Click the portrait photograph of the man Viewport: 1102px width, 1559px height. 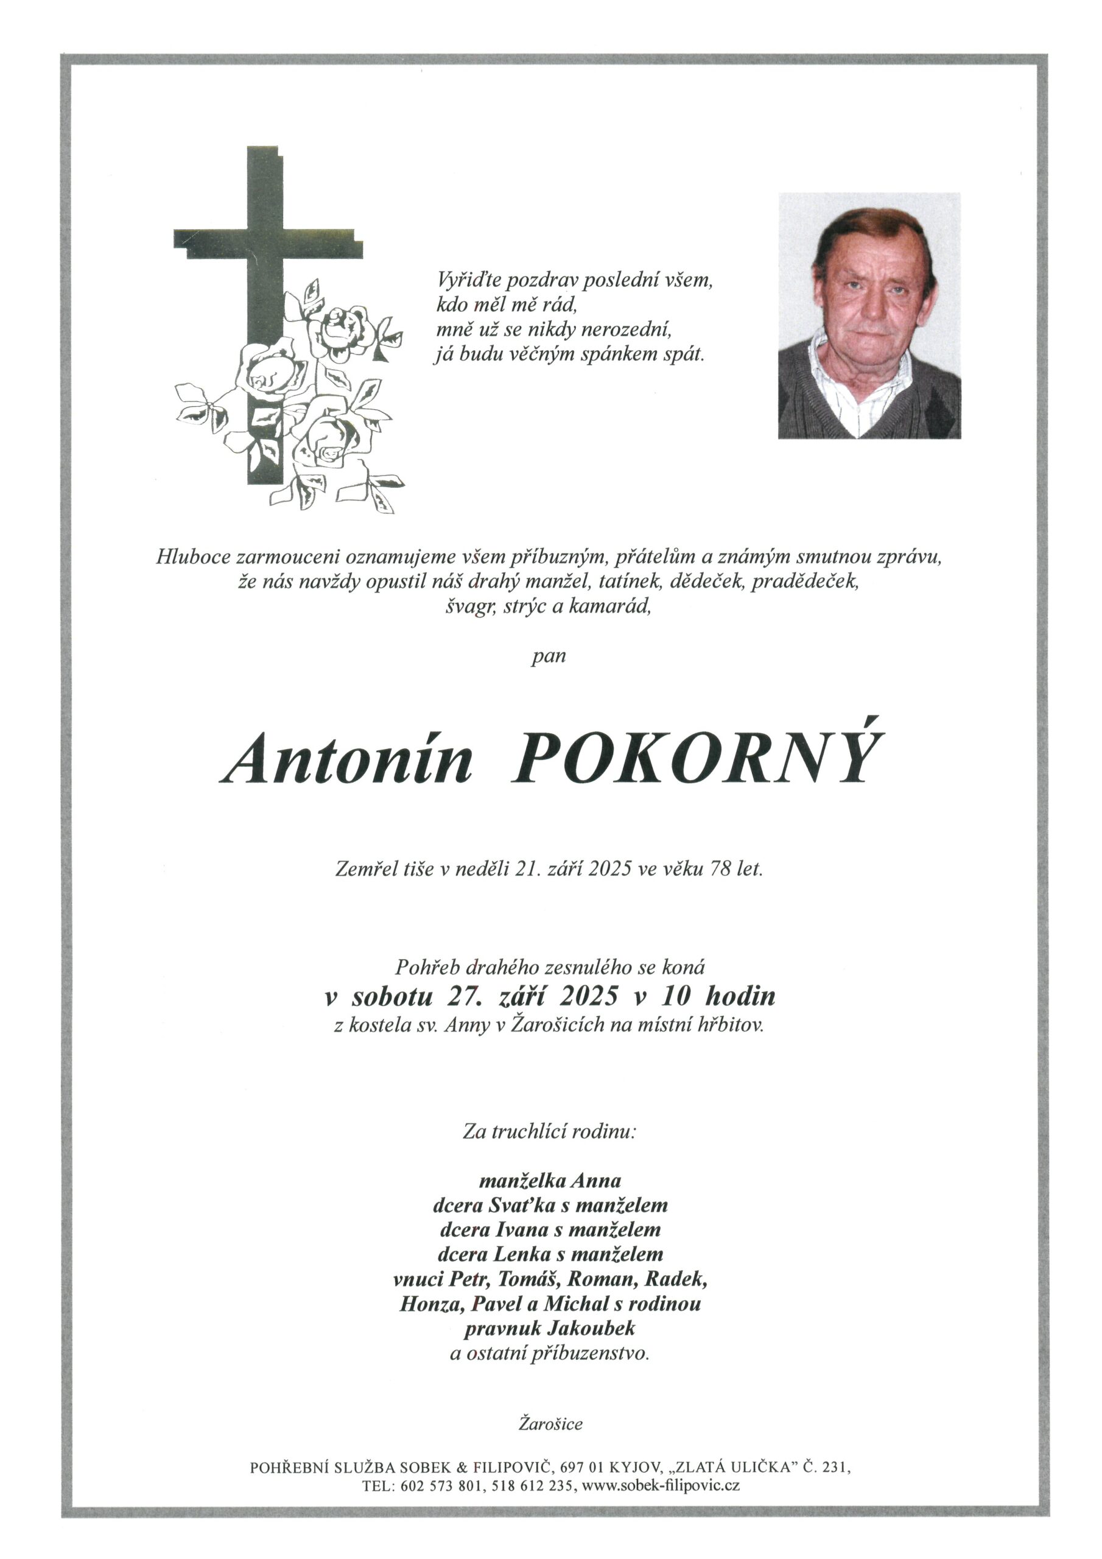(x=868, y=315)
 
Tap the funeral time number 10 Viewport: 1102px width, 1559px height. (x=676, y=996)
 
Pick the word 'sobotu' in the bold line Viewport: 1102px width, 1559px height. (x=391, y=996)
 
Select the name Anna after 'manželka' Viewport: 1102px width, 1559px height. (x=595, y=1181)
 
